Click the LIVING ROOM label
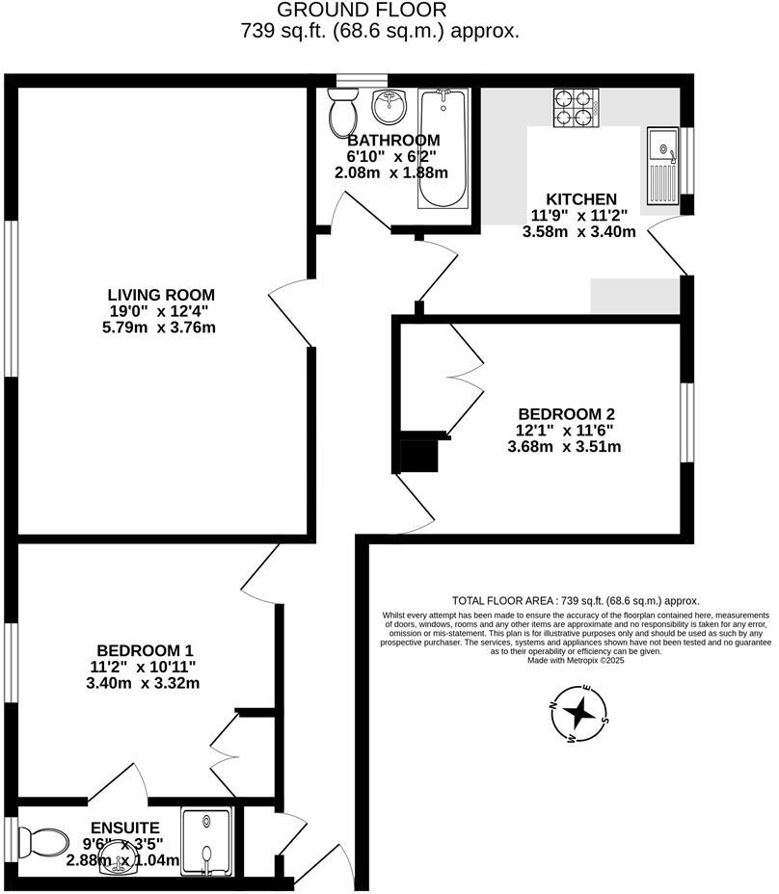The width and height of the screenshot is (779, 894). (161, 295)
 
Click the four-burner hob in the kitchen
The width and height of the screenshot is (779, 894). (576, 107)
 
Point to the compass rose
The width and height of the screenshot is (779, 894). (579, 714)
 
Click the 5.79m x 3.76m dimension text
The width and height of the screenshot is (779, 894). (161, 328)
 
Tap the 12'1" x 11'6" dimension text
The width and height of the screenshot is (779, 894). (565, 430)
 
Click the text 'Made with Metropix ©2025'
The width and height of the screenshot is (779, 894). (577, 661)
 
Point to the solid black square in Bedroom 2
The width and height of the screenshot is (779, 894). (418, 456)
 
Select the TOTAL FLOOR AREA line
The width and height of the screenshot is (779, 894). (576, 599)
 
